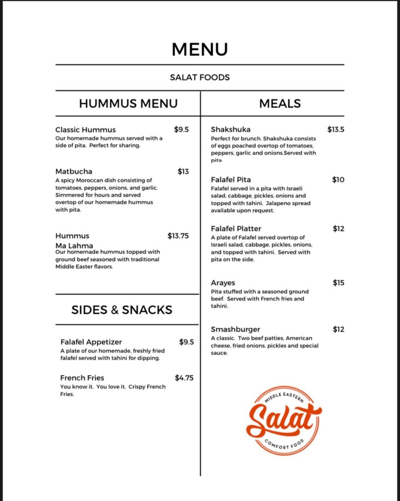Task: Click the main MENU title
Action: [x=200, y=49]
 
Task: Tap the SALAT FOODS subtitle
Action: [x=200, y=77]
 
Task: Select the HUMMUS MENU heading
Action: [x=128, y=104]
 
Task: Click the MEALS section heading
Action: [x=280, y=104]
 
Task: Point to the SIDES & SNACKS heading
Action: [x=122, y=310]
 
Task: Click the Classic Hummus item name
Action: [x=85, y=130]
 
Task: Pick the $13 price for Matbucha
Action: [x=183, y=171]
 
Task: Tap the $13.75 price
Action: [x=178, y=236]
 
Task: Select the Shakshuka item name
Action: [x=231, y=130]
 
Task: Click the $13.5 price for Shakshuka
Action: [x=336, y=130]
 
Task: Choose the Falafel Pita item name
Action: [x=231, y=180]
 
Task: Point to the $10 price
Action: [x=338, y=180]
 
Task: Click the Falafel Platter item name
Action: [x=236, y=228]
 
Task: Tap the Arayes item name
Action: [x=223, y=283]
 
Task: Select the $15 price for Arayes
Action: [x=338, y=283]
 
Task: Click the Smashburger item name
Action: [x=235, y=329]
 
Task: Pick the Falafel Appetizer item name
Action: [x=91, y=342]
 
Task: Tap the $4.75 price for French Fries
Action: [x=184, y=378]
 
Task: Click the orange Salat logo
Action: [x=283, y=420]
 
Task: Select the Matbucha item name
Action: [x=74, y=171]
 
